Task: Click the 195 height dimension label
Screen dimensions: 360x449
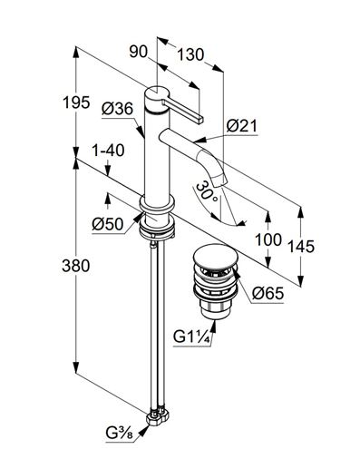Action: click(76, 102)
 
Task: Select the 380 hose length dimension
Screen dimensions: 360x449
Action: click(76, 266)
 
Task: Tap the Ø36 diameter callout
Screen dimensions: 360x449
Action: click(117, 109)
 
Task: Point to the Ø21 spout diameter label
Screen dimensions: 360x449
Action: click(241, 125)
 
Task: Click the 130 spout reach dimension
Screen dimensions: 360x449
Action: click(190, 55)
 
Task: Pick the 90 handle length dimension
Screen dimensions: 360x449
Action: click(139, 52)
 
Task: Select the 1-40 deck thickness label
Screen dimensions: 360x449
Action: click(108, 151)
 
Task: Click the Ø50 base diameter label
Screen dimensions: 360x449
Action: click(108, 224)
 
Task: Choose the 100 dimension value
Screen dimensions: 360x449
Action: click(268, 239)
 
